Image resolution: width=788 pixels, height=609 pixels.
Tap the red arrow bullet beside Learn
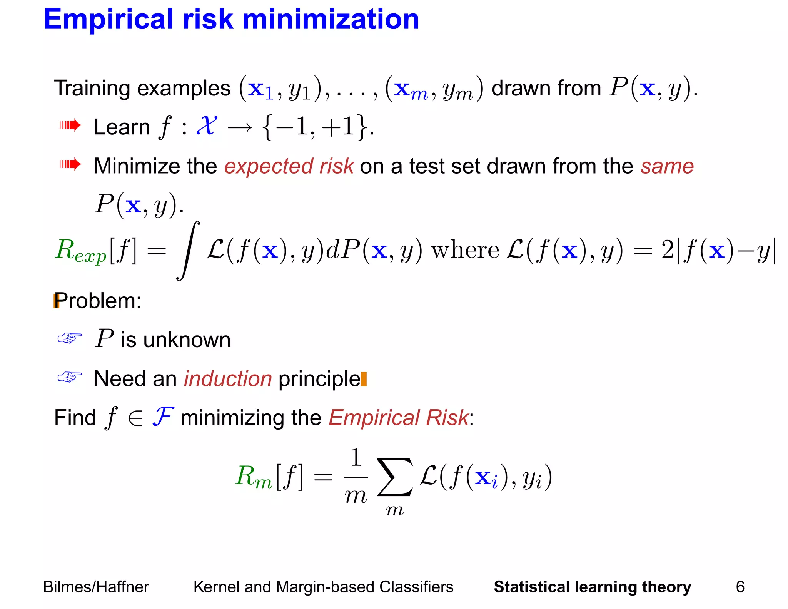(x=70, y=125)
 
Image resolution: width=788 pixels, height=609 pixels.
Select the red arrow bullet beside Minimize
(x=70, y=164)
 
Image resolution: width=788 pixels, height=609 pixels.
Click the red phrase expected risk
(x=289, y=166)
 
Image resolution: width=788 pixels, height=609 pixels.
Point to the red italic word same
(x=667, y=166)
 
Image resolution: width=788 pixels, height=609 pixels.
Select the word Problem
(x=98, y=301)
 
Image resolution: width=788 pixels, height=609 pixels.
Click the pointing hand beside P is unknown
(x=70, y=338)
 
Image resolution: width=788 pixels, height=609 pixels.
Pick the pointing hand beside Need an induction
(x=70, y=377)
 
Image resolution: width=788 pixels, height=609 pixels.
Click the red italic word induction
(x=228, y=379)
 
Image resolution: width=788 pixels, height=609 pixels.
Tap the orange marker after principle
(x=364, y=379)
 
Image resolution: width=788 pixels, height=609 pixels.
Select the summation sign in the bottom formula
(x=395, y=477)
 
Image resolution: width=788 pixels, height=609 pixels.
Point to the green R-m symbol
(x=253, y=477)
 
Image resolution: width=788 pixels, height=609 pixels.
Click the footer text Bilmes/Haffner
(x=96, y=587)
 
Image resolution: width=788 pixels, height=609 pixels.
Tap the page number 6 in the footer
(x=740, y=587)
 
